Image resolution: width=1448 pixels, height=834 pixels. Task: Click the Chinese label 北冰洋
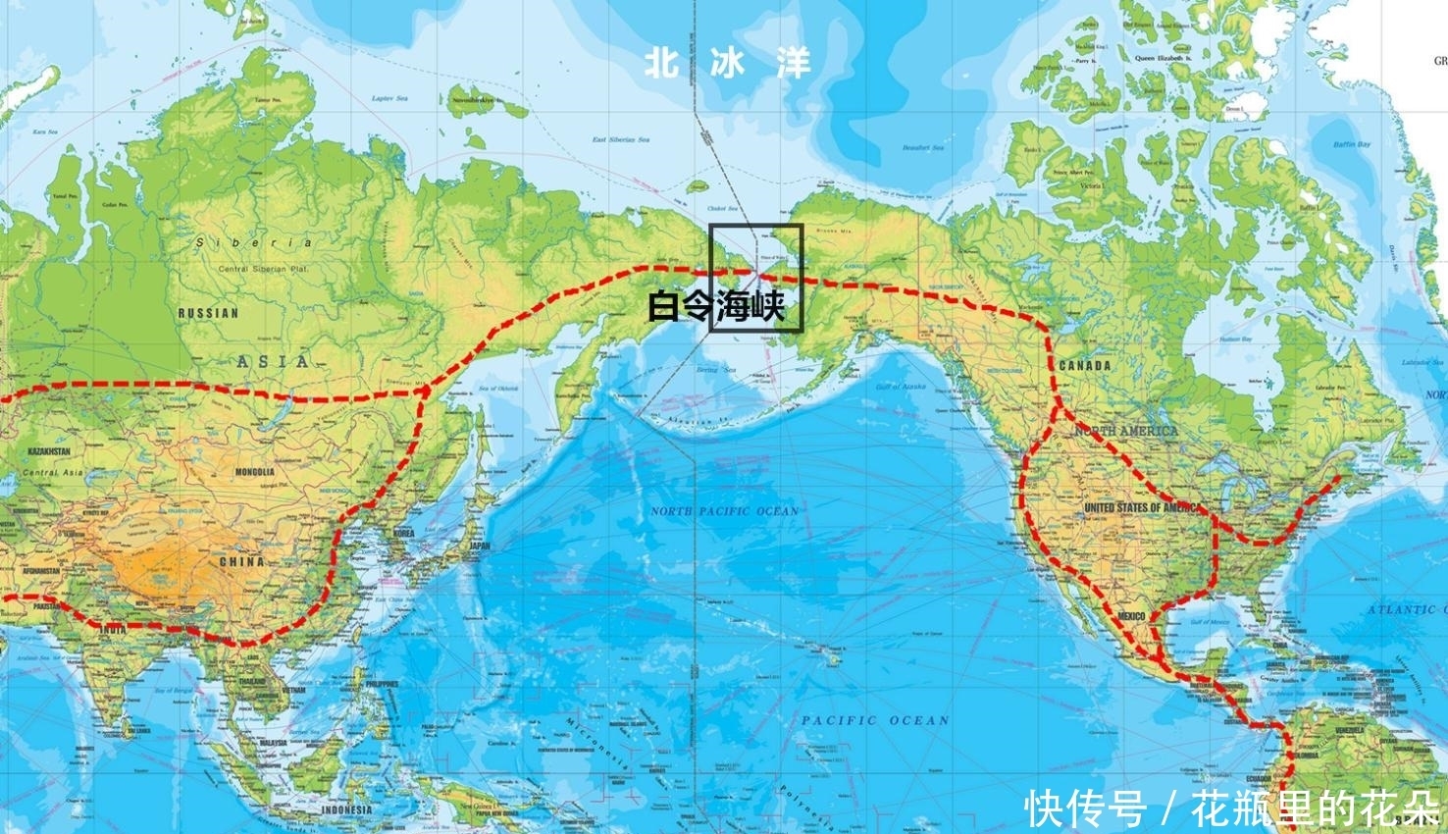click(x=728, y=65)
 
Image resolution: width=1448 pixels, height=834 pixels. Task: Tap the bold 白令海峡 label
click(x=717, y=307)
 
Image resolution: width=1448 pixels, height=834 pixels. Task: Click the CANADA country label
click(x=1085, y=365)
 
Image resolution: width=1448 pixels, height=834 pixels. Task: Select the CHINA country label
click(x=241, y=562)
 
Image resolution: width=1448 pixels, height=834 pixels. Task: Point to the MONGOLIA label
click(x=254, y=472)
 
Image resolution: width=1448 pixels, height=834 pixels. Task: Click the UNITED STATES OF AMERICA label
click(x=1142, y=507)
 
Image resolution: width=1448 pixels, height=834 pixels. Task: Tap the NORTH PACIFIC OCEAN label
click(x=724, y=511)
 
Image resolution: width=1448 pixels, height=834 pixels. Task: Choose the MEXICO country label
click(x=1131, y=615)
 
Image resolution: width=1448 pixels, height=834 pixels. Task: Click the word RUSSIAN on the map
click(x=208, y=313)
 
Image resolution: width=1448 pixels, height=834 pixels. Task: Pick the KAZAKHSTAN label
click(x=49, y=450)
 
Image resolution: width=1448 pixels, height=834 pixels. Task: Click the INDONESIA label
click(x=347, y=809)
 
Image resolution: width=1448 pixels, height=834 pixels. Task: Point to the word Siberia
click(x=254, y=242)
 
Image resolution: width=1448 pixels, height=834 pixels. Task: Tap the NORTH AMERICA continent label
click(x=1125, y=431)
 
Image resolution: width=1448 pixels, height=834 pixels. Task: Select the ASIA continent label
click(x=272, y=362)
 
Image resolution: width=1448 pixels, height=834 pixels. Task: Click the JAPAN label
click(x=479, y=546)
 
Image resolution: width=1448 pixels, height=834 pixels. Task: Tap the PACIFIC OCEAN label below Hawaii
click(x=875, y=720)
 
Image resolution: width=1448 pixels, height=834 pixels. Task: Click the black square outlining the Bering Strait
click(x=755, y=226)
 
